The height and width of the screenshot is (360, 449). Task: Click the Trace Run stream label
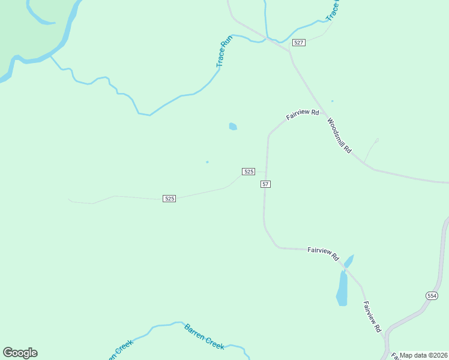tap(224, 52)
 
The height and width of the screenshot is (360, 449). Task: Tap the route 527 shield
tap(299, 43)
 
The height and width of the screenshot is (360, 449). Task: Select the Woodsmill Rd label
tap(339, 135)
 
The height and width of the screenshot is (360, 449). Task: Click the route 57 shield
tap(265, 184)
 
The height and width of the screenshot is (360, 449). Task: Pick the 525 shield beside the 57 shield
tap(249, 172)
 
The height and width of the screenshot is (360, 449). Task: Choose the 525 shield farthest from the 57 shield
tap(169, 198)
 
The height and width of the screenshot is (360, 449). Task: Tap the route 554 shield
tap(432, 296)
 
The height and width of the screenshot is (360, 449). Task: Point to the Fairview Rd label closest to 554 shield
tap(372, 317)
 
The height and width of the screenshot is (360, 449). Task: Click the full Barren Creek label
tap(204, 337)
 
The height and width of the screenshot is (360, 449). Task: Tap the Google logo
tap(20, 353)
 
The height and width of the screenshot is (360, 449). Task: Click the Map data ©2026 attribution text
tap(423, 355)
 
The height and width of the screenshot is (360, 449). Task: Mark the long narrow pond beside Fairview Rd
tap(342, 289)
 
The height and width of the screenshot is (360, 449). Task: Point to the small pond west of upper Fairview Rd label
tap(233, 127)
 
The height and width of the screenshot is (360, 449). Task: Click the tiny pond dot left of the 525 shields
tap(207, 161)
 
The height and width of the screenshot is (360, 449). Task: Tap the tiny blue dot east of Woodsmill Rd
tap(332, 101)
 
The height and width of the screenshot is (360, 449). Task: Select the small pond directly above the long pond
tap(349, 261)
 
